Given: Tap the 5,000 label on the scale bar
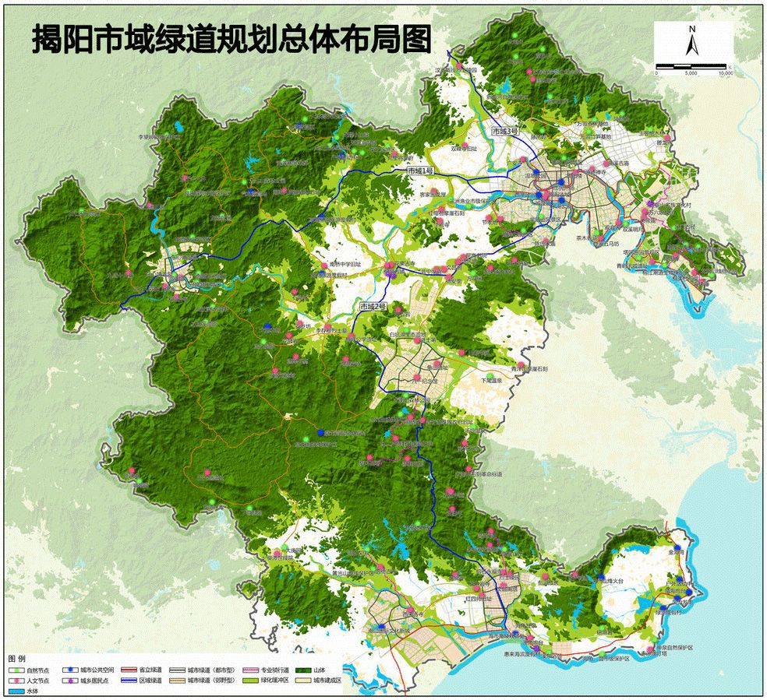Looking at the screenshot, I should pos(691,72).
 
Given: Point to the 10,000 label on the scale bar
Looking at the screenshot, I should pos(725,72).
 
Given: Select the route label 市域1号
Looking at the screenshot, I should pos(420,170).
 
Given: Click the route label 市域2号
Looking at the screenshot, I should pos(373,308).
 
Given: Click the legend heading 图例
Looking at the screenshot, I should pos(17,659).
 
